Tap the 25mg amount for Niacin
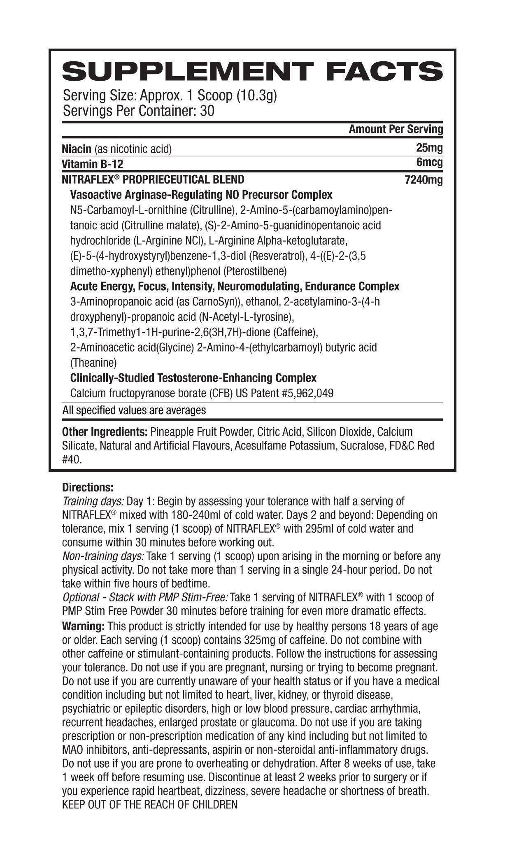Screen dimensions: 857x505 tap(429, 147)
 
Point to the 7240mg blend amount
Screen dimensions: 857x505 tap(424, 180)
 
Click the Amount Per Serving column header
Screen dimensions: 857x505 tap(396, 129)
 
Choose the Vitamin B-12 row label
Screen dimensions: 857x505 tap(92, 164)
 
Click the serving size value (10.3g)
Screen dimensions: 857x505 tap(256, 95)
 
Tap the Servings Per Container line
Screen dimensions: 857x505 tap(138, 111)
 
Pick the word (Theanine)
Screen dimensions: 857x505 tap(93, 363)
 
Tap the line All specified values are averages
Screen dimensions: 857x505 tap(134, 410)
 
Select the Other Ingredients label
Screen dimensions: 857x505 tap(105, 432)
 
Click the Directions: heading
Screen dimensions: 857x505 tap(88, 487)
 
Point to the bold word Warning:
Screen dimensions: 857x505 tap(83, 626)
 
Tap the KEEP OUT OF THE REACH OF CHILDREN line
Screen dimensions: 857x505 tap(150, 805)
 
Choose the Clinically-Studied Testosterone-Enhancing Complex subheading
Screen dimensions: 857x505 tap(193, 378)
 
